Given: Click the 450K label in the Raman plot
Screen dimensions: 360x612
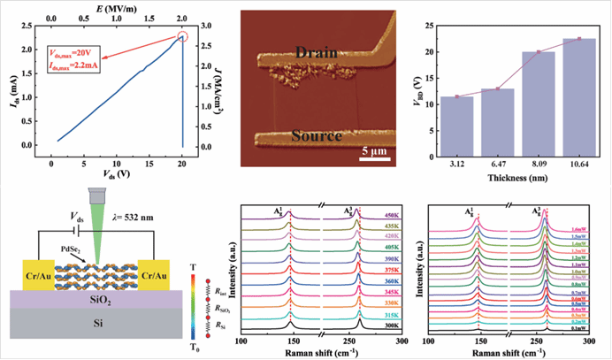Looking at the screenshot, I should (389, 215).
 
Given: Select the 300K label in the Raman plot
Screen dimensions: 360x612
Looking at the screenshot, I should (389, 326).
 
